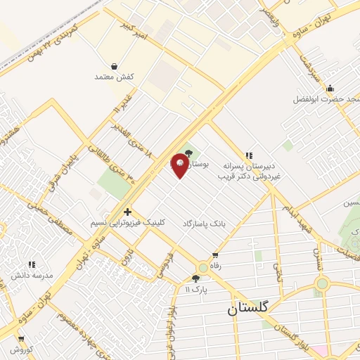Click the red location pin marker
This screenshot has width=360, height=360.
pyautogui.click(x=180, y=165)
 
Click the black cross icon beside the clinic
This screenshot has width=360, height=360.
pyautogui.click(x=127, y=212)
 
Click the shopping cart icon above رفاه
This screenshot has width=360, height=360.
pyautogui.click(x=214, y=255)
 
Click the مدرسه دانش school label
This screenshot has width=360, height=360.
pyautogui.click(x=32, y=275)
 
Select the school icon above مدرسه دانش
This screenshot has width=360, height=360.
pyautogui.click(x=32, y=264)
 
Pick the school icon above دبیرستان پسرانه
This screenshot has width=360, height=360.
pyautogui.click(x=247, y=155)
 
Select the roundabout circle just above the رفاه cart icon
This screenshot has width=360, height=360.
pyautogui.click(x=203, y=267)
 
